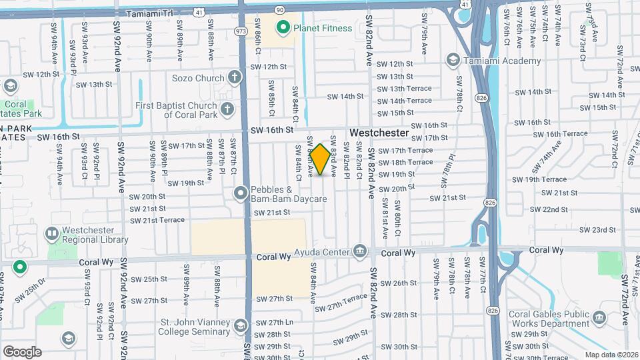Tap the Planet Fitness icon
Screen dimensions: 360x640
pyautogui.click(x=283, y=27)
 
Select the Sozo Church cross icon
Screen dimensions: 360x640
pyautogui.click(x=234, y=78)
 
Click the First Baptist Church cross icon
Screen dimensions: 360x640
pyautogui.click(x=227, y=108)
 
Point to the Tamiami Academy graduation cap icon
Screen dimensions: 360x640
pyautogui.click(x=453, y=61)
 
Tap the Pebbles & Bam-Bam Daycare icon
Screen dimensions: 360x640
pyautogui.click(x=241, y=193)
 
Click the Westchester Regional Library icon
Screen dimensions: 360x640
pyautogui.click(x=51, y=234)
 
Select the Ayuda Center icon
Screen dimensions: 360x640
pyautogui.click(x=361, y=251)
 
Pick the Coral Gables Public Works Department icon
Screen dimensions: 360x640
pyautogui.click(x=599, y=318)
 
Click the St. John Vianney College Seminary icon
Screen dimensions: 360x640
pyautogui.click(x=240, y=325)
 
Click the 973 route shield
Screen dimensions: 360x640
pyautogui.click(x=241, y=31)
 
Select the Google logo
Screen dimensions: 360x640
pyautogui.click(x=22, y=351)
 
